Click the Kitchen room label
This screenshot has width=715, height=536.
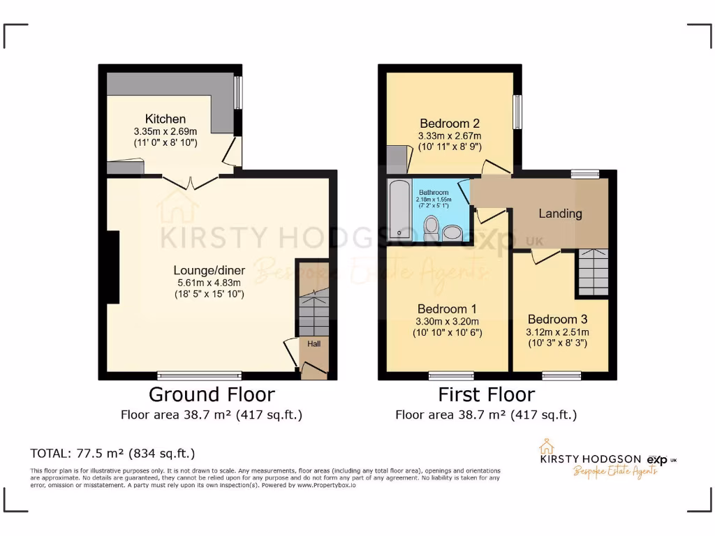tap(165, 119)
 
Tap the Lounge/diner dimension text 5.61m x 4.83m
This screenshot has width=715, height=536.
tap(209, 282)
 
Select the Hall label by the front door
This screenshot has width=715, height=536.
tap(314, 344)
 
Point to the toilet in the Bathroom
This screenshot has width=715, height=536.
tap(431, 225)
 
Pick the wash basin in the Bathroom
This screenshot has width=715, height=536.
tap(453, 232)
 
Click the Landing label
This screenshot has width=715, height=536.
tap(560, 214)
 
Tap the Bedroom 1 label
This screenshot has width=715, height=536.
tap(447, 308)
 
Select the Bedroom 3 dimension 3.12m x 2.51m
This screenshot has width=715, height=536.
tap(557, 332)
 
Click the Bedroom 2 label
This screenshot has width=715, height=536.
tap(449, 124)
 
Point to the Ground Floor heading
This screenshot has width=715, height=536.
tap(212, 394)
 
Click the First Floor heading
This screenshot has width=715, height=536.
tap(486, 394)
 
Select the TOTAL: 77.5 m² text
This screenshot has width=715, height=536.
tap(112, 453)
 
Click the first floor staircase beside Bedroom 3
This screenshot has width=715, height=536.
tap(592, 272)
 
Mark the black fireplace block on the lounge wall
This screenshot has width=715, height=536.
tap(112, 267)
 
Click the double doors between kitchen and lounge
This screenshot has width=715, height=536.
tap(190, 183)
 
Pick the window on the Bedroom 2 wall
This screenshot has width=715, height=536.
tap(517, 112)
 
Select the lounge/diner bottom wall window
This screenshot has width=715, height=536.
tap(189, 375)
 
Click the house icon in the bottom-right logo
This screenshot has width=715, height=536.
tap(546, 447)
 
